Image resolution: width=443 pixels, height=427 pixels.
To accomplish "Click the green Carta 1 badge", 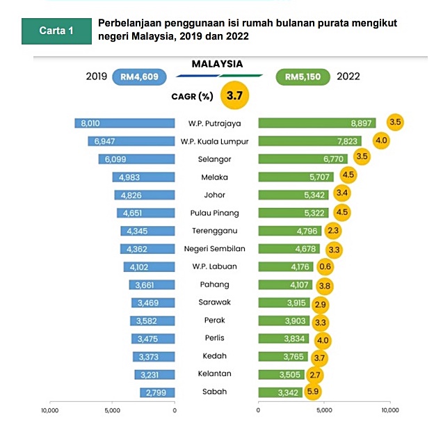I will [x=56, y=32].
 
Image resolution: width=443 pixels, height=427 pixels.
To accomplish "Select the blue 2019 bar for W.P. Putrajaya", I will [x=125, y=123].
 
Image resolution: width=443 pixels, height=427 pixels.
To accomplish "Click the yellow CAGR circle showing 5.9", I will [x=314, y=392].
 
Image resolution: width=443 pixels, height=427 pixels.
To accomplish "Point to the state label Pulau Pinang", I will [x=216, y=213].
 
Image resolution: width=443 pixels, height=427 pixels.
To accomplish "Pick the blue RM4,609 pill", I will [x=137, y=76].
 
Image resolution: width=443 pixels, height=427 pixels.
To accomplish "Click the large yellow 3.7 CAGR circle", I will [x=234, y=96].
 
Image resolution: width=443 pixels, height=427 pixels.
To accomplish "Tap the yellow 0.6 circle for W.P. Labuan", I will [x=325, y=266].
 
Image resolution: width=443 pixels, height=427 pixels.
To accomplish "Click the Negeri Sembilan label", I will [x=216, y=248].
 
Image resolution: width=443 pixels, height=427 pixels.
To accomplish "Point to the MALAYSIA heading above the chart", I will [x=217, y=63].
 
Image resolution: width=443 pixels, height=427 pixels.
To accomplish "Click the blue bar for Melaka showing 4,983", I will [x=144, y=177].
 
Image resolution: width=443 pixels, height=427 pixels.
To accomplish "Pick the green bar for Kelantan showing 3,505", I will [x=281, y=374].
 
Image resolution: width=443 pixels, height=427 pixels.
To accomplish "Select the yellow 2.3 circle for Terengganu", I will [x=332, y=231].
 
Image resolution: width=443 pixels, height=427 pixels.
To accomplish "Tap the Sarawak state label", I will [x=216, y=303].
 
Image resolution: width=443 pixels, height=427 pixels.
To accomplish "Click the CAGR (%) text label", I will [x=192, y=97].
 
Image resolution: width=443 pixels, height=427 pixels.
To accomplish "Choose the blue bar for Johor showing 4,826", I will [x=145, y=195].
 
